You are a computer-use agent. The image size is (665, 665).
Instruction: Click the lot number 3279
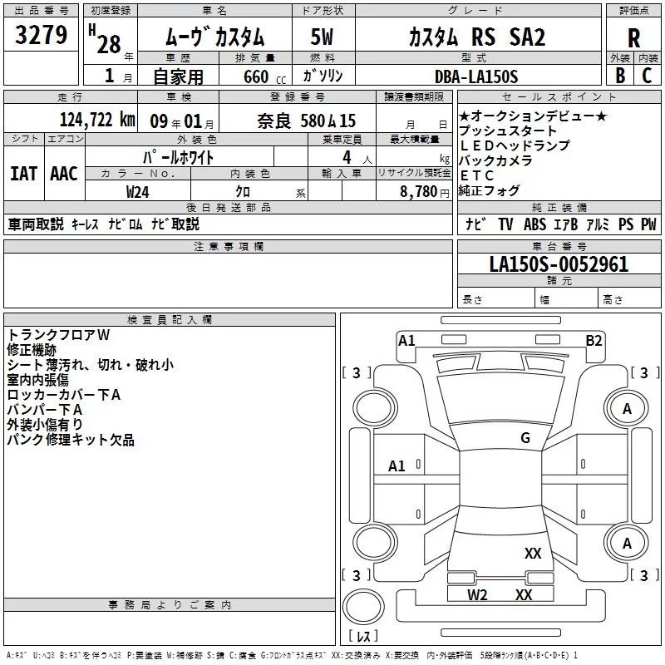[x=41, y=35]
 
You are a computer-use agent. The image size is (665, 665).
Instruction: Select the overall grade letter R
[x=633, y=37]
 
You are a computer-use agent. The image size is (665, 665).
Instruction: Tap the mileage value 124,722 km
[x=97, y=120]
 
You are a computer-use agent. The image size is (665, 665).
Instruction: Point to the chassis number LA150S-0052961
[x=559, y=264]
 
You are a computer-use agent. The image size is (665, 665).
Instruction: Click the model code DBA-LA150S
[x=475, y=76]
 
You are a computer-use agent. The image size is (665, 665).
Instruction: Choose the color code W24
[x=137, y=192]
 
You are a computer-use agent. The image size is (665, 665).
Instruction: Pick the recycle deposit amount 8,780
[x=419, y=192]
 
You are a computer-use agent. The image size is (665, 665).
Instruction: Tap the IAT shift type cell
[x=24, y=174]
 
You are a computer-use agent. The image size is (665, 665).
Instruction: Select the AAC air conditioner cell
[x=64, y=174]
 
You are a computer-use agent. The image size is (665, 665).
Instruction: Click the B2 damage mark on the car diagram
[x=594, y=341]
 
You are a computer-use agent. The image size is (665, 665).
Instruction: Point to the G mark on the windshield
[x=525, y=438]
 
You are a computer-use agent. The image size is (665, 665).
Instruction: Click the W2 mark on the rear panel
[x=477, y=595]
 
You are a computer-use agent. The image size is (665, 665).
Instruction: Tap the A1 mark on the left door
[x=397, y=466]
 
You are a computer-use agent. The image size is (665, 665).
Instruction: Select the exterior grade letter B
[x=620, y=76]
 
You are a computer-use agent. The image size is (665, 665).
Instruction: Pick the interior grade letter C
[x=647, y=76]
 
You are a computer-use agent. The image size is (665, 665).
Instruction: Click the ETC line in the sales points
[x=476, y=175]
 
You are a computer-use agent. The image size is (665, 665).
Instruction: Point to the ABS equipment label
[x=534, y=224]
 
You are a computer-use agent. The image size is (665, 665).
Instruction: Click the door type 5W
[x=322, y=37]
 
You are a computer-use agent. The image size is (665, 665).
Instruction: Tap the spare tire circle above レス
[x=363, y=607]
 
